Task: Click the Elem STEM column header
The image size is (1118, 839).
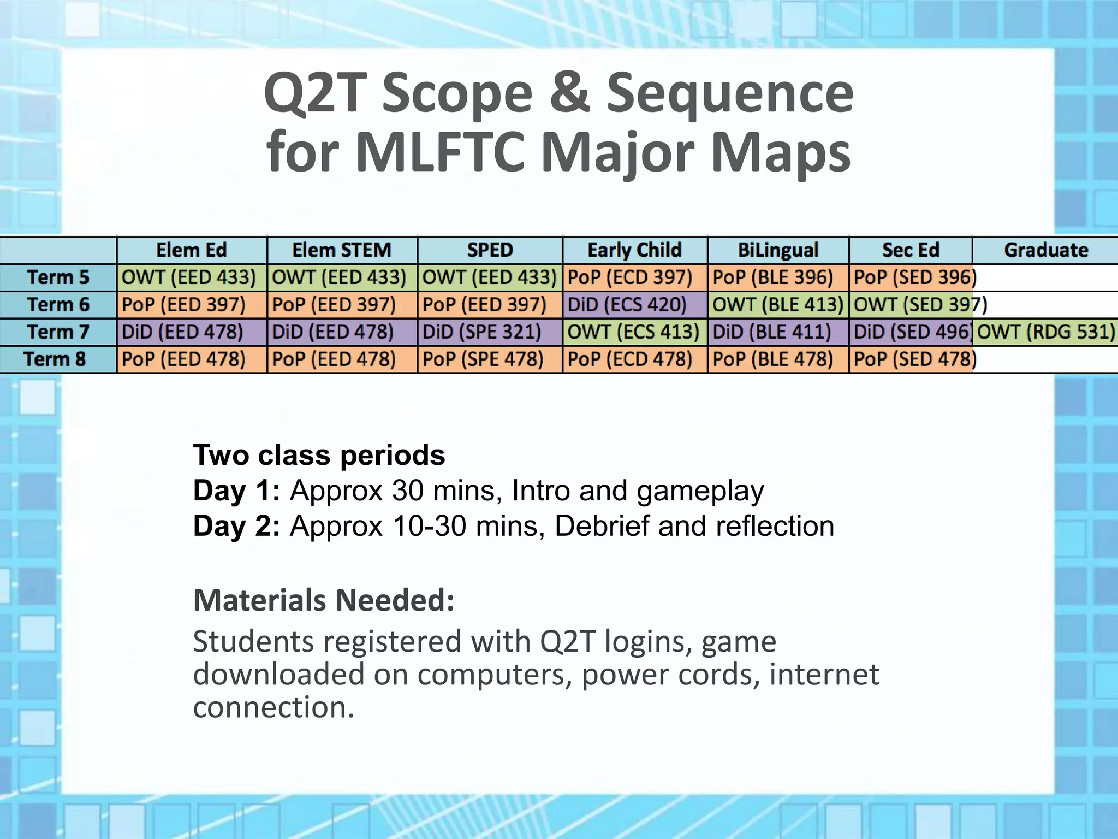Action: [342, 250]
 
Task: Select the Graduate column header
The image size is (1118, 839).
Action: [1045, 250]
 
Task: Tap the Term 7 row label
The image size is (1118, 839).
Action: [58, 332]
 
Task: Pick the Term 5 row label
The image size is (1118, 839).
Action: [58, 277]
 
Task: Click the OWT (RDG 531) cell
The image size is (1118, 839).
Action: [1045, 332]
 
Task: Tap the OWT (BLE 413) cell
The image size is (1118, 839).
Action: [778, 304]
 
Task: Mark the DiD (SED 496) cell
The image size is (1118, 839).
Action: [911, 332]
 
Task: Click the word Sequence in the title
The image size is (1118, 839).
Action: [730, 94]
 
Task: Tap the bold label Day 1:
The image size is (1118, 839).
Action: [236, 491]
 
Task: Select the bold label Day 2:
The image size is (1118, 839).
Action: [236, 526]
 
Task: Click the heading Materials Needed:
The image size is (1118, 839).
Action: [324, 600]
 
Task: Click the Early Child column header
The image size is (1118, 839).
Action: [634, 250]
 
